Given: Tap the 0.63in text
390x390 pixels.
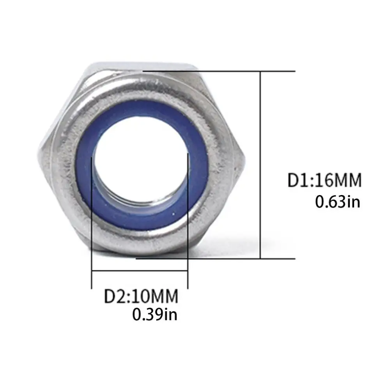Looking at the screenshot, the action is [337, 202].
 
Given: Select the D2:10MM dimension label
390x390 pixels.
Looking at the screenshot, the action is [141, 296].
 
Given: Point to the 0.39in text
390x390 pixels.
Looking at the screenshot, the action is [155, 314].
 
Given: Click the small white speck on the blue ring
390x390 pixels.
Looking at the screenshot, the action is [174, 213].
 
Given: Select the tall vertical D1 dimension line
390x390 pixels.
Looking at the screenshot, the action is [261, 165].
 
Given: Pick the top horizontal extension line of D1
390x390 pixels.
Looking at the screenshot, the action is [219, 71].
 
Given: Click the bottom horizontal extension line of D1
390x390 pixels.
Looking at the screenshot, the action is [216, 259].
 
